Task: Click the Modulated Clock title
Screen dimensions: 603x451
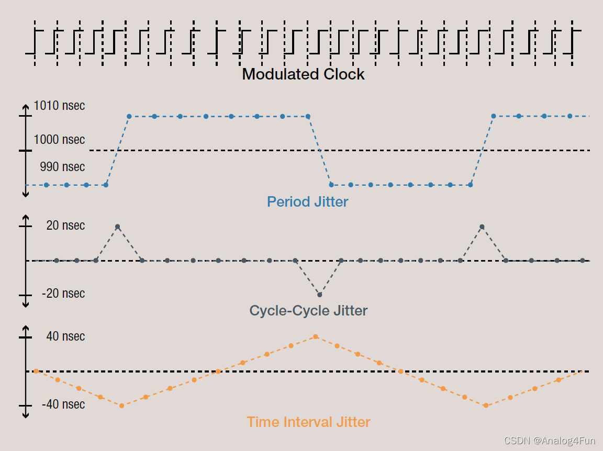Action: pyautogui.click(x=303, y=74)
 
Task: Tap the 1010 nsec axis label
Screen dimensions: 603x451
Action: pyautogui.click(x=59, y=106)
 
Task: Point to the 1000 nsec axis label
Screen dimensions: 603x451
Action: pyautogui.click(x=59, y=140)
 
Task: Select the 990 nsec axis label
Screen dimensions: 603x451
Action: pyautogui.click(x=62, y=167)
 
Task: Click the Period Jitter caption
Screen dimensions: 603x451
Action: pyautogui.click(x=307, y=201)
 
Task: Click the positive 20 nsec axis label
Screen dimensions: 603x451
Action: pyautogui.click(x=65, y=225)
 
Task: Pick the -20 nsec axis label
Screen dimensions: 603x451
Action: pyautogui.click(x=63, y=294)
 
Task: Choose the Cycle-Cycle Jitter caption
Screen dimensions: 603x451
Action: pyautogui.click(x=308, y=311)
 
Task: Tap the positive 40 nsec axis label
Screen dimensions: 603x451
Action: pyautogui.click(x=65, y=336)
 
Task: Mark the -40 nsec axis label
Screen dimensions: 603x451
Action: pyautogui.click(x=63, y=404)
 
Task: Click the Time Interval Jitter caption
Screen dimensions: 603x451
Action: pyautogui.click(x=308, y=422)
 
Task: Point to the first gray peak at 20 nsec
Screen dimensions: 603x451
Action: pyautogui.click(x=117, y=227)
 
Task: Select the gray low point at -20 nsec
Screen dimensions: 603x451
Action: pyautogui.click(x=319, y=295)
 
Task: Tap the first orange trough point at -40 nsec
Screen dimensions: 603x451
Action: pyautogui.click(x=121, y=405)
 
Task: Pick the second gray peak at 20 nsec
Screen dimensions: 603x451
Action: pyautogui.click(x=482, y=227)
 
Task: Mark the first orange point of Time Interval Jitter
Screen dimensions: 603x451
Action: pyautogui.click(x=36, y=371)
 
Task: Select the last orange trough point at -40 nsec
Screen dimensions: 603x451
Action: pyautogui.click(x=486, y=405)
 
